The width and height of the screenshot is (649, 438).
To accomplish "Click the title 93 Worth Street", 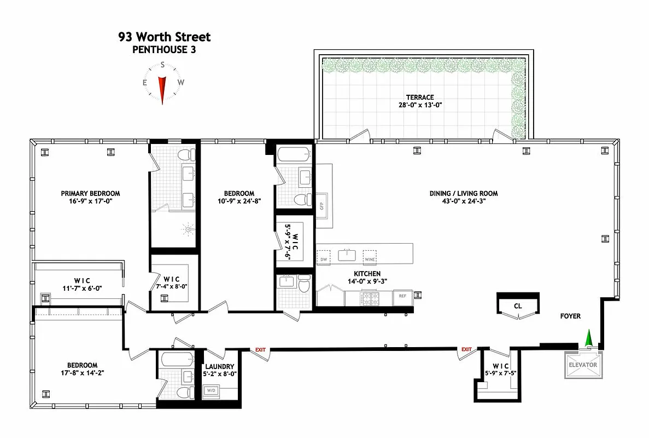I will coord(164,37).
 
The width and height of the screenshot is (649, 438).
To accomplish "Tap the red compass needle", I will coord(162,89).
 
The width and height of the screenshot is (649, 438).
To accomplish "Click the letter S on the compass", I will coord(162,65).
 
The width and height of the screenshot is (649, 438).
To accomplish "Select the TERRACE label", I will coord(420,97).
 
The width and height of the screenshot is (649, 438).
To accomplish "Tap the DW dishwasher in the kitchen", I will coord(323,259).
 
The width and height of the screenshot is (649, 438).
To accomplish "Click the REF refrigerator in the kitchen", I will coord(402,296).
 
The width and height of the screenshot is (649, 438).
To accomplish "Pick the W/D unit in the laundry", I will coord(211,390).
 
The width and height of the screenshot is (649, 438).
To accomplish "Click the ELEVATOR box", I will coord(583,365).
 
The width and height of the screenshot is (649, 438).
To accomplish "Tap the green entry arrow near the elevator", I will coord(589,338).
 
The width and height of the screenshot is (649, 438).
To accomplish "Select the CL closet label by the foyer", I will coord(517,306).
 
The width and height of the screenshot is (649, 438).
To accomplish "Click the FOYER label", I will coord(570,316).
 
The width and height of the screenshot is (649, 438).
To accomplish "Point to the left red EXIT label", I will coord(260,349).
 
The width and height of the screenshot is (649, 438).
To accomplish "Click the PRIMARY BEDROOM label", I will coord(90,193).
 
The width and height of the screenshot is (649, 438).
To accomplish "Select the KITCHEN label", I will coord(367,274).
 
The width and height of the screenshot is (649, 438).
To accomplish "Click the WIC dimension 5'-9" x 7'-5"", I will coord(500,374).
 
